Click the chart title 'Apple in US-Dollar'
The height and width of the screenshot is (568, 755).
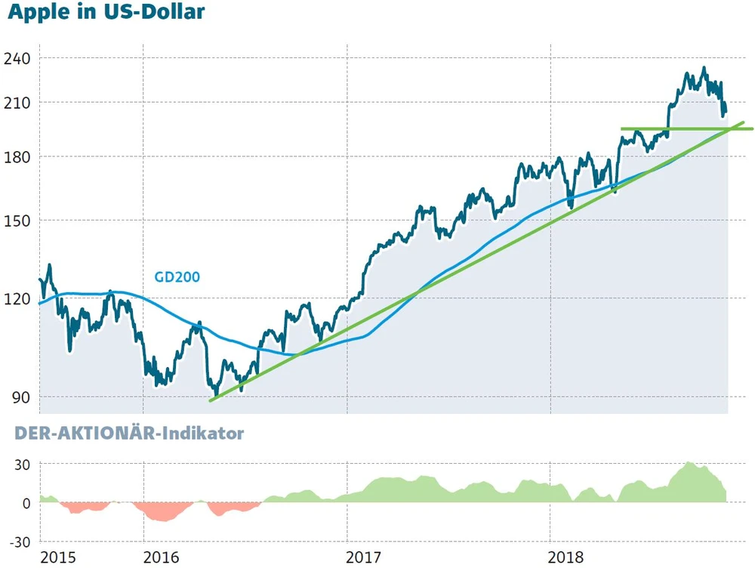(x=106, y=13)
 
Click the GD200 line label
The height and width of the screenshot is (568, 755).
(x=177, y=277)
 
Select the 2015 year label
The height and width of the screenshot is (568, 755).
(x=58, y=557)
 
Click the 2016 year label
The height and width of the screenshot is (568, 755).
(x=161, y=557)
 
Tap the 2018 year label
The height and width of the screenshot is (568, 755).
(x=567, y=557)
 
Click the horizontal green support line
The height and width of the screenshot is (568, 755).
(x=679, y=129)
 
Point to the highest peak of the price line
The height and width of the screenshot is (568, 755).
(x=704, y=68)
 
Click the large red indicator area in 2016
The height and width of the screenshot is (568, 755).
(x=161, y=512)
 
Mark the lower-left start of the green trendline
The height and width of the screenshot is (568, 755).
(x=211, y=400)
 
